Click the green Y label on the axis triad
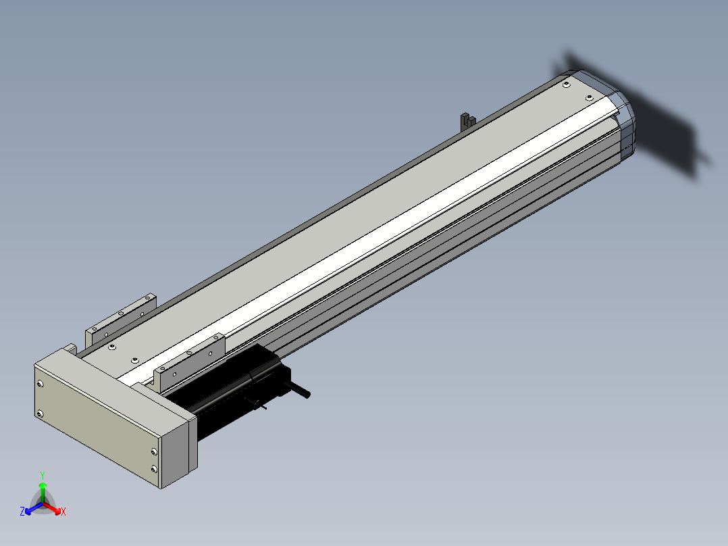pos(43,475)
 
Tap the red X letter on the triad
pos(63,512)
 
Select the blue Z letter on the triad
pos(22,511)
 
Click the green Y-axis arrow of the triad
pos(43,492)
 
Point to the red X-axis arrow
pos(52,507)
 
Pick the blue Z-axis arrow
pos(34,508)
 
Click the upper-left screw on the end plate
pos(40,384)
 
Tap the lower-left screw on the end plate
pos(40,413)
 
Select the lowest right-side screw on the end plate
pos(154,469)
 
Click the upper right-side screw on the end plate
pos(154,451)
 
